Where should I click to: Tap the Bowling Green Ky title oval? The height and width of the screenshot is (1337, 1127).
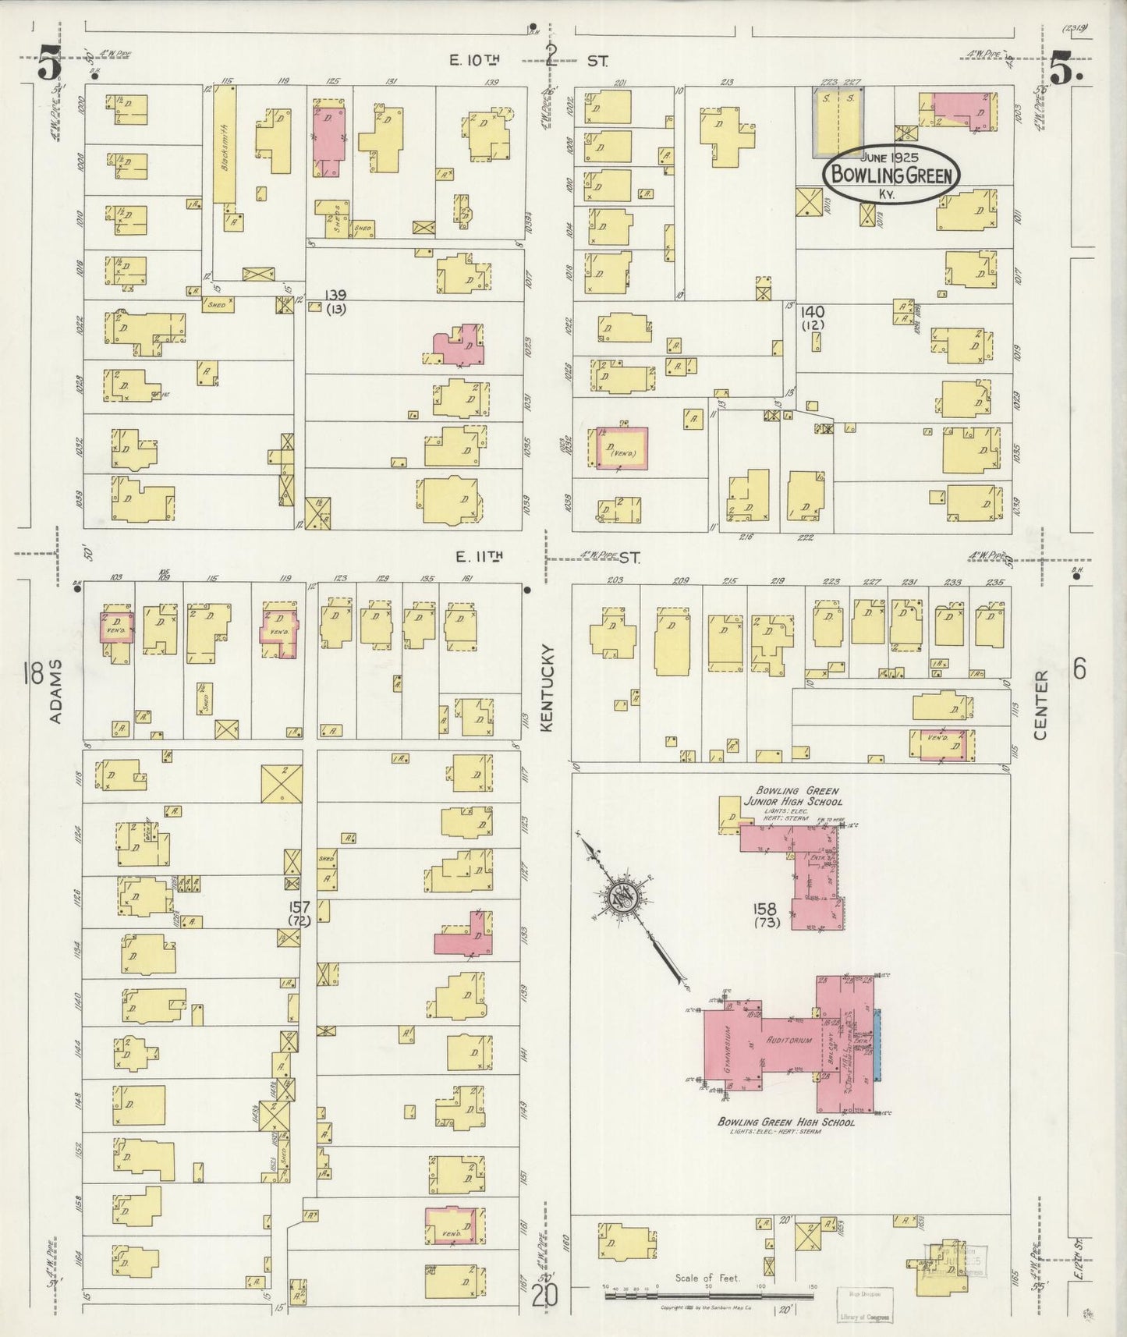click(891, 173)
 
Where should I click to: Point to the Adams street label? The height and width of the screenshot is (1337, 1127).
click(56, 691)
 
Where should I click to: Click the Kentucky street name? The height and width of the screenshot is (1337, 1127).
click(546, 687)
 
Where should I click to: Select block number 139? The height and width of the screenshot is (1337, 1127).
click(337, 295)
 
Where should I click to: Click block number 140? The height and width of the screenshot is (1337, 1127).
click(812, 312)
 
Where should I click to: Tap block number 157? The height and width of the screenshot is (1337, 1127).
click(299, 907)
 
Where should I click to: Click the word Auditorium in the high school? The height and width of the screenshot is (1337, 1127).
click(789, 1040)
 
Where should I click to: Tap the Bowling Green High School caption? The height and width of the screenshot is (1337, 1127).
click(786, 1122)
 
